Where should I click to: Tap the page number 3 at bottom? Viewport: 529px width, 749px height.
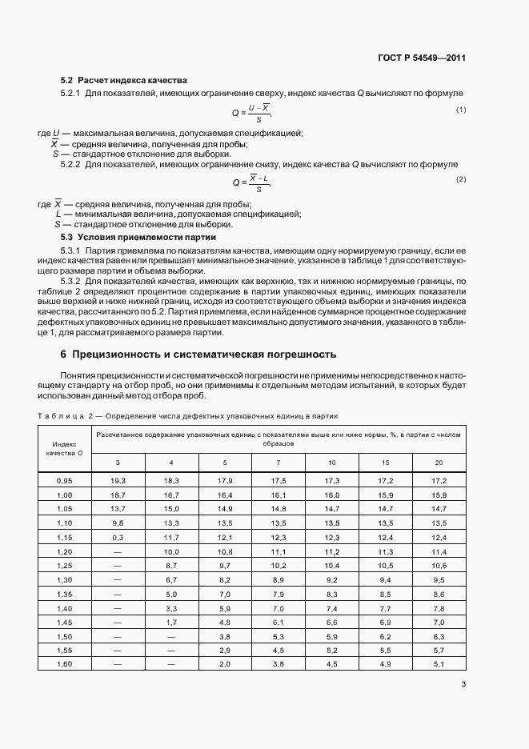[464, 684]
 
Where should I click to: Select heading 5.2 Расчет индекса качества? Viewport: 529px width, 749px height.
[124, 80]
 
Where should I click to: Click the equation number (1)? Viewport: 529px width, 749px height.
[461, 110]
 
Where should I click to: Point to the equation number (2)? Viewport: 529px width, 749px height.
[461, 179]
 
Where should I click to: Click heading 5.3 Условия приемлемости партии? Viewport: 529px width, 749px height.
[138, 238]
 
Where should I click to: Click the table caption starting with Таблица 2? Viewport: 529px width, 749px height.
[188, 415]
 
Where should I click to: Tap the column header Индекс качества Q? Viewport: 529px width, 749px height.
[65, 448]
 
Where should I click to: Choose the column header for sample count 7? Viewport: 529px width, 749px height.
[278, 463]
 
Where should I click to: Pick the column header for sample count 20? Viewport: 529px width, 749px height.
[438, 463]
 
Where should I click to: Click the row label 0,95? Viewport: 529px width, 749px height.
[65, 479]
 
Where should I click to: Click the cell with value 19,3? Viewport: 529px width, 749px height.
[118, 479]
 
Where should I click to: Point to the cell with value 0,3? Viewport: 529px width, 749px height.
[118, 536]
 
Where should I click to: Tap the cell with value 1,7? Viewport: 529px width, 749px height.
[171, 621]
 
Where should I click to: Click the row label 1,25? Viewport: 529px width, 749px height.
[65, 564]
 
